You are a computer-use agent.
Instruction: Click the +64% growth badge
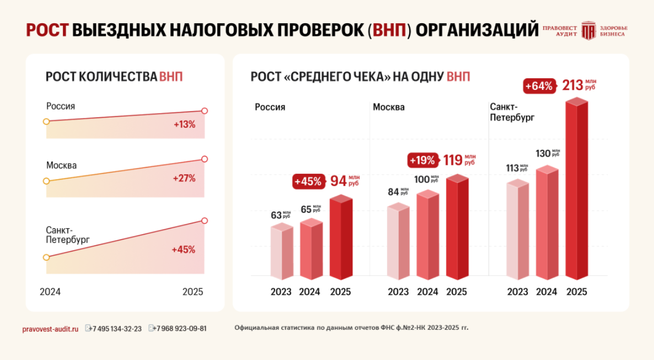click(x=539, y=87)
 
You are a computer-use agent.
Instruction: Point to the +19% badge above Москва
click(x=422, y=160)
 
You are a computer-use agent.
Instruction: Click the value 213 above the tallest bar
click(x=572, y=85)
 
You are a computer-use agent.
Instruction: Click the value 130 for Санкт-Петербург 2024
click(x=544, y=153)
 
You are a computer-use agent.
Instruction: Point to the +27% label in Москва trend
click(x=184, y=178)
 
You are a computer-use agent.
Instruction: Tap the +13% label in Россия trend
click(x=184, y=125)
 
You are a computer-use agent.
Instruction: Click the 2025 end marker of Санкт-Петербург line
click(x=205, y=221)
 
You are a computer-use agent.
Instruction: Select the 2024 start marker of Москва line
click(x=46, y=181)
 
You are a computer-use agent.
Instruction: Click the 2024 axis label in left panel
click(x=50, y=292)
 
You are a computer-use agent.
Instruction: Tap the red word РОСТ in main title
click(x=47, y=30)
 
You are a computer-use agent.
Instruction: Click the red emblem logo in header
click(x=588, y=30)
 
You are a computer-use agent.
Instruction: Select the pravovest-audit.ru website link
click(x=50, y=329)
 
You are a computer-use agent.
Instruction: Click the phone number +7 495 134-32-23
click(x=116, y=329)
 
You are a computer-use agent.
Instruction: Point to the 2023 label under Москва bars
click(x=398, y=292)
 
